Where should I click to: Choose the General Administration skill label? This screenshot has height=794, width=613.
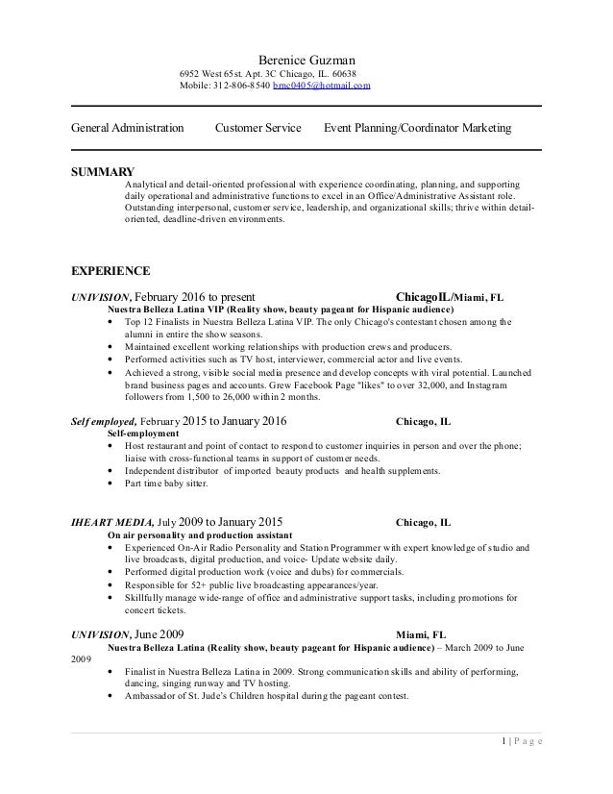pos(128,128)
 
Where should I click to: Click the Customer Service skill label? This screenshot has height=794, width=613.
pos(258,128)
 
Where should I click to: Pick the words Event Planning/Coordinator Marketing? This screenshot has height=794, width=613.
pos(418,128)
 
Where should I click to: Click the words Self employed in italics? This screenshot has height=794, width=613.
pos(105,421)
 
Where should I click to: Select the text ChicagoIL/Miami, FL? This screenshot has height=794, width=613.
pos(449,297)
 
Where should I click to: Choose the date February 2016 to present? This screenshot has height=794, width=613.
pos(193,297)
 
